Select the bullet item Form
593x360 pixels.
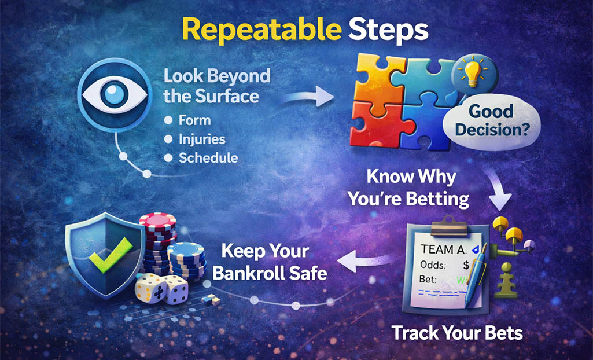194,120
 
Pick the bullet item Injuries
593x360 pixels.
202,139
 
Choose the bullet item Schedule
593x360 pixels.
208,157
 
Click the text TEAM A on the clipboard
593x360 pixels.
444,249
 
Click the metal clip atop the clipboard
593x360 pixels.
450,223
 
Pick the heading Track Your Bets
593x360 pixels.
456,333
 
